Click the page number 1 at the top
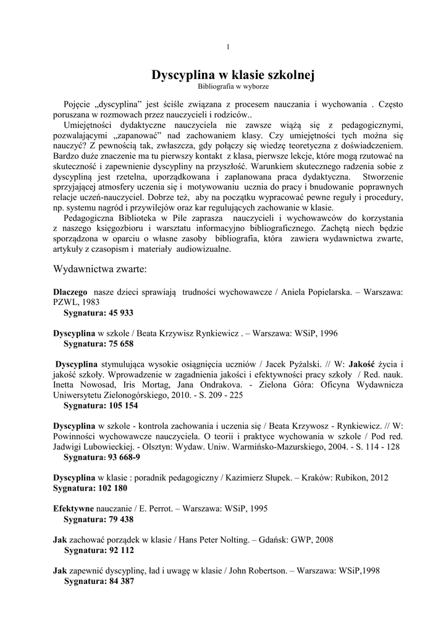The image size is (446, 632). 229,48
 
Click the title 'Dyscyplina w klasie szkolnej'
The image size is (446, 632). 234,75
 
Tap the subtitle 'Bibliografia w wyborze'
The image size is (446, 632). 233,87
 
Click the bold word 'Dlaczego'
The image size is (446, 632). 70,293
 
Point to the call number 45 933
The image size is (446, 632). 121,313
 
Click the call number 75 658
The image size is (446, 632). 121,343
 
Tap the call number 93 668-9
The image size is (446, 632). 124,457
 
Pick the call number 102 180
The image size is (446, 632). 112,488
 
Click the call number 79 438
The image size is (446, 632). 121,519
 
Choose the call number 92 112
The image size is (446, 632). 121,550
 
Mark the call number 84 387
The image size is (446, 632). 121,581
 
